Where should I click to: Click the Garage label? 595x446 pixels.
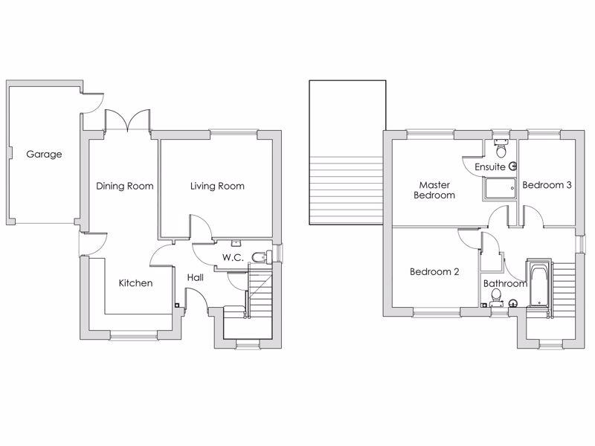coord(44,155)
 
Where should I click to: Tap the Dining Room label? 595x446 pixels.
coord(124,186)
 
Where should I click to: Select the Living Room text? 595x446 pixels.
coord(217,186)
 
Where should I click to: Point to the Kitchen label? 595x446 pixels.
coord(135,283)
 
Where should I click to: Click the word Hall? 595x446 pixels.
coord(196,277)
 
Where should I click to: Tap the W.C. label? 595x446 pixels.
coord(233,257)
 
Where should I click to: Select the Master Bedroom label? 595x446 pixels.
coord(434,190)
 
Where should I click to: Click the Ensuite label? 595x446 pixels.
coord(490,167)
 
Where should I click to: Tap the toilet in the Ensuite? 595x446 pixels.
coord(501,149)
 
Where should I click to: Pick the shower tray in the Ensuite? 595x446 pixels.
coord(499,189)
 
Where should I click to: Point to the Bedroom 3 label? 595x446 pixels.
coord(547,185)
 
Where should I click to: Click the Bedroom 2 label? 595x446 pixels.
coord(434,272)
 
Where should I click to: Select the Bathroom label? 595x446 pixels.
coord(505,283)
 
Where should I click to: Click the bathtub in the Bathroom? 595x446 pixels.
coord(538,285)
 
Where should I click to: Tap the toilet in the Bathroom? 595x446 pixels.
coord(496,297)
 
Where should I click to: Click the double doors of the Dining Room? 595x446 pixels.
coord(128,120)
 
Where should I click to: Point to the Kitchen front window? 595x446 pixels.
coord(134,335)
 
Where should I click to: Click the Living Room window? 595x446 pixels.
coord(234,133)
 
